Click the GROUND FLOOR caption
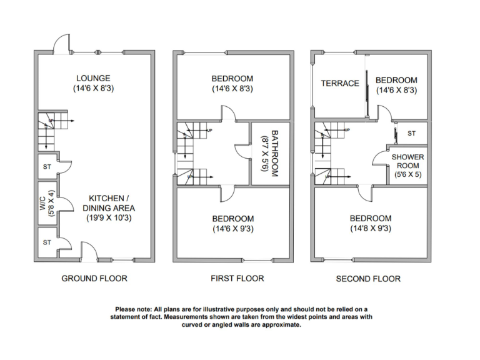click(94, 278)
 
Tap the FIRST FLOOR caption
click(237, 278)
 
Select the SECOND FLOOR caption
click(368, 279)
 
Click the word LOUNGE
click(93, 78)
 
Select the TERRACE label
click(340, 83)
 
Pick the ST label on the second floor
click(411, 134)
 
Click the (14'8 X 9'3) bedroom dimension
click(371, 229)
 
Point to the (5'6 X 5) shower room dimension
click(407, 176)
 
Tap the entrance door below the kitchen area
click(89, 252)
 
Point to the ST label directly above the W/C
click(47, 167)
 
